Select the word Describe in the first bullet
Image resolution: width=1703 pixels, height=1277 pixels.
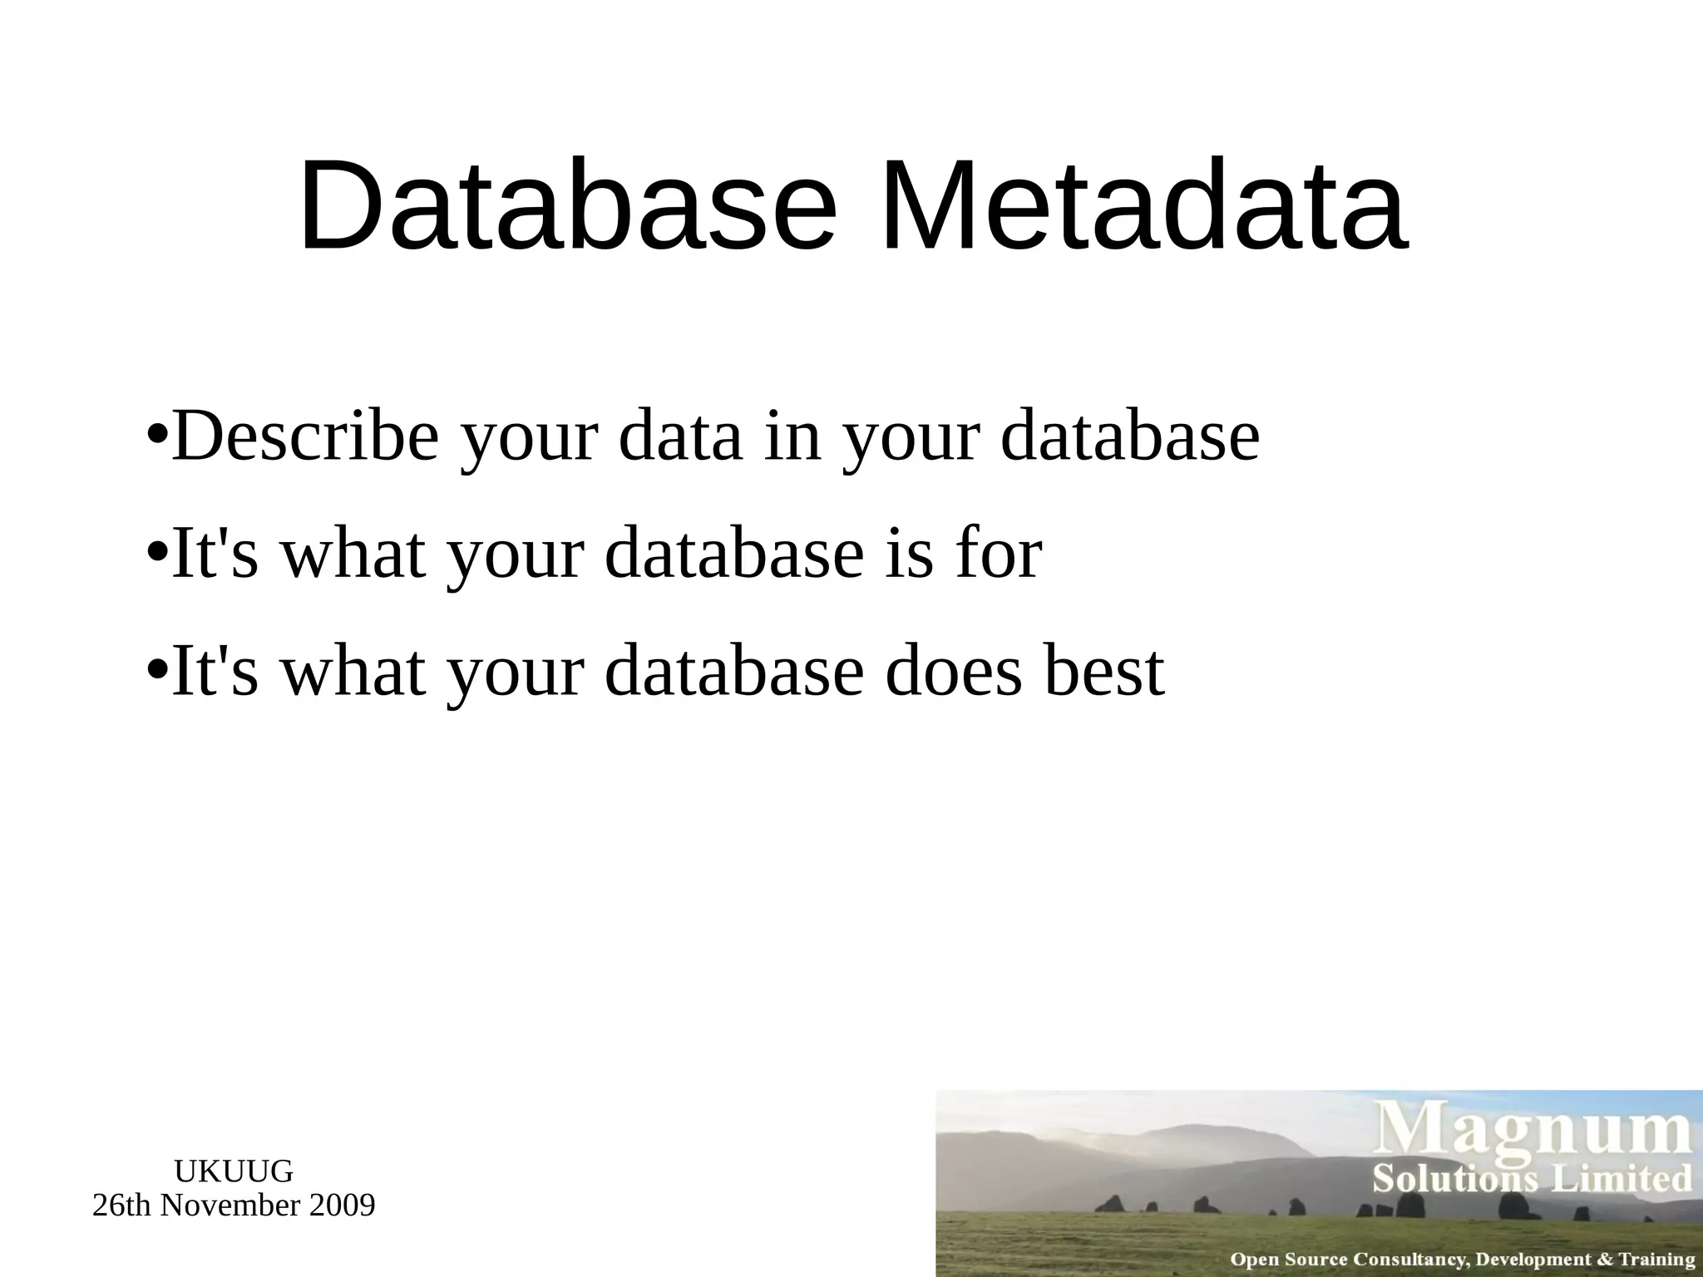tap(304, 436)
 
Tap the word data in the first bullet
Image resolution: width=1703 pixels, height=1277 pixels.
tap(680, 436)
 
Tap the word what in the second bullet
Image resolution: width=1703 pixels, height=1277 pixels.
tap(353, 554)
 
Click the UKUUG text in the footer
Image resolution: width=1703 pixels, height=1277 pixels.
tap(234, 1171)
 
